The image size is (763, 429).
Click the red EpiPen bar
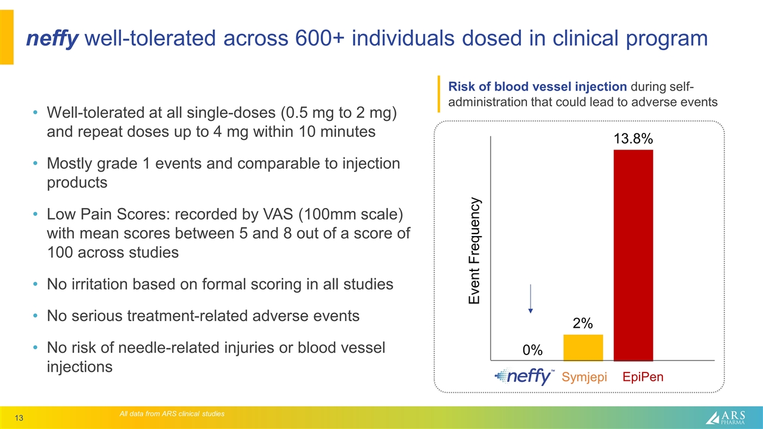point(633,255)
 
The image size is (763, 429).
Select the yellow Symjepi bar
point(583,347)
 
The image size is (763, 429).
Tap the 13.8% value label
point(633,139)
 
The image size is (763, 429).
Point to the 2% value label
point(582,324)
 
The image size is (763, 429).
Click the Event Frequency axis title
point(474,251)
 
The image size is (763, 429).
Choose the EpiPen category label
point(643,377)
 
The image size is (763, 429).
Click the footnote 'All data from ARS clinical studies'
point(172,414)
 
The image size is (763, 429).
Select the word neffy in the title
point(52,39)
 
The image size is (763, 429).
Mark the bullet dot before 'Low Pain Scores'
point(36,214)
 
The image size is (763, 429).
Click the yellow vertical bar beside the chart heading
point(439,94)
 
